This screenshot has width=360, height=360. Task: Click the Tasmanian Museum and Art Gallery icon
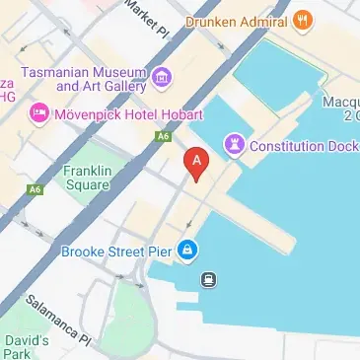point(161,76)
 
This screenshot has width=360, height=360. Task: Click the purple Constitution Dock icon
point(235,146)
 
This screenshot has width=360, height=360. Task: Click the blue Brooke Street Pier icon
point(186,252)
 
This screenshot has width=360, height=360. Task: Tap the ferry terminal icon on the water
point(209,279)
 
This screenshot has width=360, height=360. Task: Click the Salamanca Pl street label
point(57,320)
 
